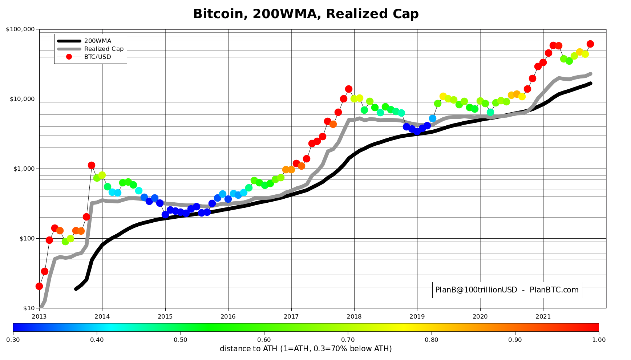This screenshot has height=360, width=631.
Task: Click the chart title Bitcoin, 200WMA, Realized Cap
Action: pos(306,14)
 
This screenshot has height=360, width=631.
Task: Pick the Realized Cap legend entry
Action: pos(90,49)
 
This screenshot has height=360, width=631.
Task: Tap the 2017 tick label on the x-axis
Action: pos(291,316)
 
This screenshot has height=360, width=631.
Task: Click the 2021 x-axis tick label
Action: pos(543,316)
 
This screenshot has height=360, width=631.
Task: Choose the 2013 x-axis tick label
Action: pos(39,316)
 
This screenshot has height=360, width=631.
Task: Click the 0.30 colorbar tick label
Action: pos(13,340)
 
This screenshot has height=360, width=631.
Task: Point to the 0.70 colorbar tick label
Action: pos(348,340)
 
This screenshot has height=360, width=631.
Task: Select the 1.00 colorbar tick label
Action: pos(599,340)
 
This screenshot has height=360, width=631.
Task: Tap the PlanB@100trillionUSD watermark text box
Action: pos(507,290)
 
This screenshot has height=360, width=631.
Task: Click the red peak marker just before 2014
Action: pos(92,165)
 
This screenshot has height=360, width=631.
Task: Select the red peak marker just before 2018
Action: pos(349,89)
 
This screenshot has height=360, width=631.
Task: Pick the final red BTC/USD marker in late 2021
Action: pos(590,44)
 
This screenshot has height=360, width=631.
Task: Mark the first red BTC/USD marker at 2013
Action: pos(39,286)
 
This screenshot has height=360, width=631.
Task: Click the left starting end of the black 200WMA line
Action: pos(76,289)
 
